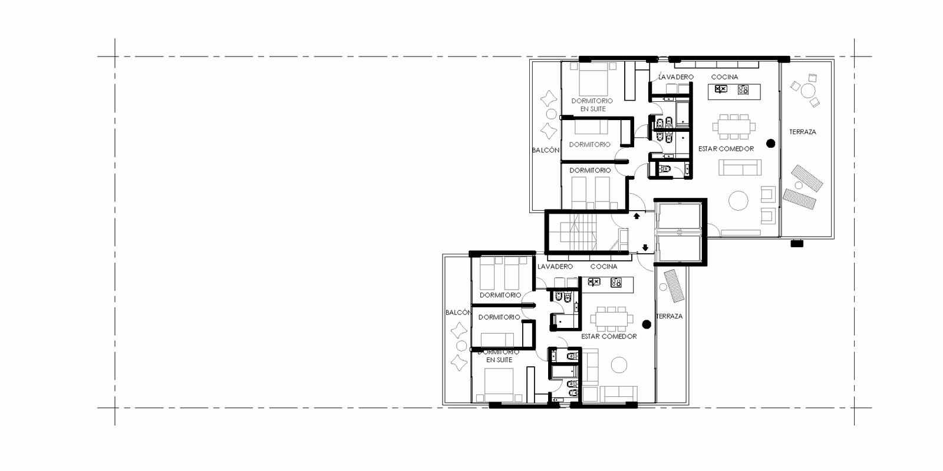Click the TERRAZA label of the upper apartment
(802, 132)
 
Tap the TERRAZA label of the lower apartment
(670, 316)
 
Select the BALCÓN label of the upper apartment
(546, 150)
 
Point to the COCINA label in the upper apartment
(724, 77)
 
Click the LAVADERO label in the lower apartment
(555, 267)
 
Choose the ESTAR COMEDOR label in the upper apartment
(726, 149)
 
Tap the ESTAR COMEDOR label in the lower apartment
(609, 336)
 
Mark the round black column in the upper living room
(771, 144)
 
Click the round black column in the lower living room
(647, 324)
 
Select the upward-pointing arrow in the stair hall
(637, 215)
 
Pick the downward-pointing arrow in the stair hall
(645, 248)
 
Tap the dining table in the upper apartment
(734, 127)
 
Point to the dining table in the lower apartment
(611, 319)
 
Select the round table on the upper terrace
(808, 91)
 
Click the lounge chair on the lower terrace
(674, 286)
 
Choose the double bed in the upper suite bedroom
(594, 79)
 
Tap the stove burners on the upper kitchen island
(743, 89)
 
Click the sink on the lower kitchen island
(594, 282)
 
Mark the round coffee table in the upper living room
(738, 200)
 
